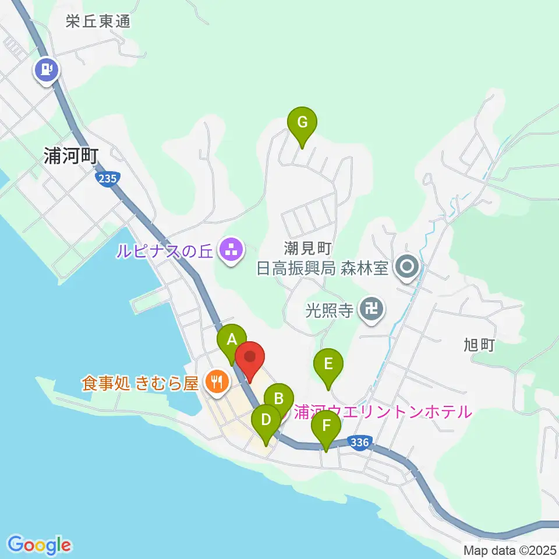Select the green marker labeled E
pyautogui.click(x=328, y=365)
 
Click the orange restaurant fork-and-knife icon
pyautogui.click(x=218, y=382)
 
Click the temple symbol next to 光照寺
pyautogui.click(x=371, y=308)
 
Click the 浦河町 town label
pyautogui.click(x=72, y=155)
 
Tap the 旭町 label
pyautogui.click(x=480, y=345)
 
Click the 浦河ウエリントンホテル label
pyautogui.click(x=383, y=412)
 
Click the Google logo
pyautogui.click(x=40, y=545)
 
